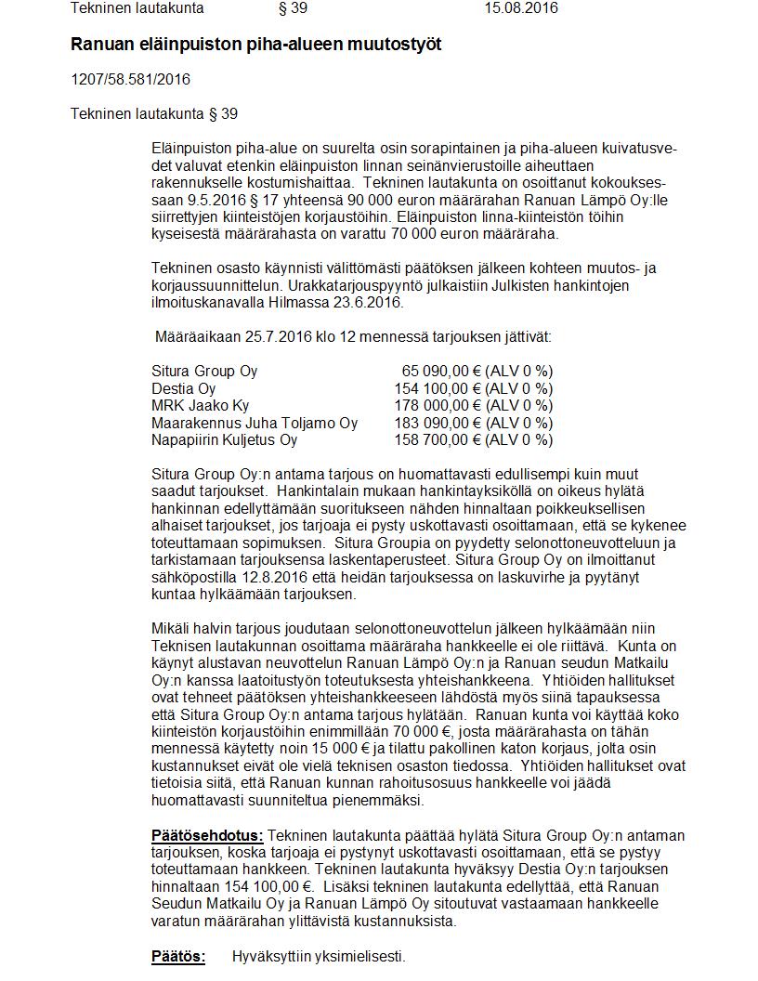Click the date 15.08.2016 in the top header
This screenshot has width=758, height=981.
pyautogui.click(x=521, y=8)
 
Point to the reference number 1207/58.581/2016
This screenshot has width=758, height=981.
pyautogui.click(x=130, y=79)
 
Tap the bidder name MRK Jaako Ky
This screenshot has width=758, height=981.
pyautogui.click(x=201, y=405)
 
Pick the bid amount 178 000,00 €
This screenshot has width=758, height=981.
pyautogui.click(x=433, y=405)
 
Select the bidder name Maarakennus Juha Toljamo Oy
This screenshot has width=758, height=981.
pyautogui.click(x=255, y=423)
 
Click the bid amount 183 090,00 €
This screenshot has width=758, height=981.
pyautogui.click(x=433, y=423)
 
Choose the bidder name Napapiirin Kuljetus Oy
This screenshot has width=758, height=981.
pyautogui.click(x=225, y=439)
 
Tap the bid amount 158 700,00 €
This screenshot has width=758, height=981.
pyautogui.click(x=433, y=439)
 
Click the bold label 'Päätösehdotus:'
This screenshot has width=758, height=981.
pyautogui.click(x=207, y=836)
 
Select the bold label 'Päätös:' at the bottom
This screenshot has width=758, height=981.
pyautogui.click(x=178, y=956)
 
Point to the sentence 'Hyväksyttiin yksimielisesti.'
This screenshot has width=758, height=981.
pyautogui.click(x=319, y=956)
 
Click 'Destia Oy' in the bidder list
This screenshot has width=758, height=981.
pyautogui.click(x=184, y=388)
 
